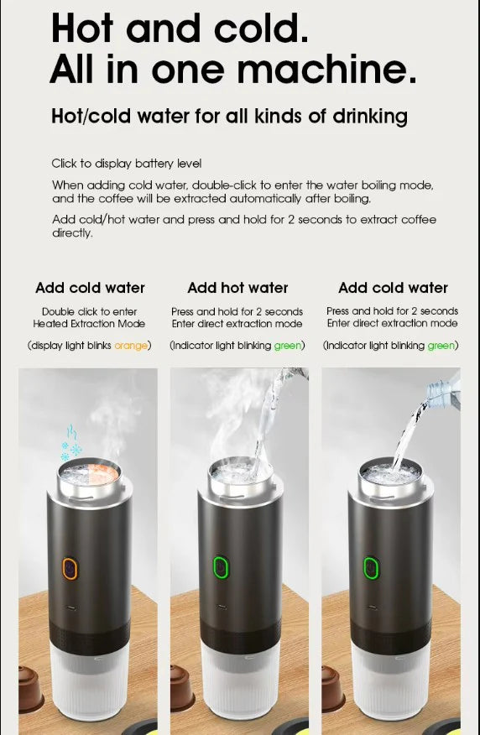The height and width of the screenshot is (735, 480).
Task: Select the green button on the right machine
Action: coord(369,569)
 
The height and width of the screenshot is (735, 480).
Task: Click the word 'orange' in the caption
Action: coord(131,346)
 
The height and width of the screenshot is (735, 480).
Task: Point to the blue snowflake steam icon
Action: coord(70,441)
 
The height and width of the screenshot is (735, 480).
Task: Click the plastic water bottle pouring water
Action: coord(444,389)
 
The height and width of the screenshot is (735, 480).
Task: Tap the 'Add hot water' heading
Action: coord(237,288)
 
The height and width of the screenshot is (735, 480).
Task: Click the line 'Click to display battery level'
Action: coord(127,164)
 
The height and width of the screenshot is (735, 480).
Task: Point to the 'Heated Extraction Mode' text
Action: coord(89,324)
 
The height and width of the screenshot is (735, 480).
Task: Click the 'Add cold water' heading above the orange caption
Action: coord(90,288)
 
